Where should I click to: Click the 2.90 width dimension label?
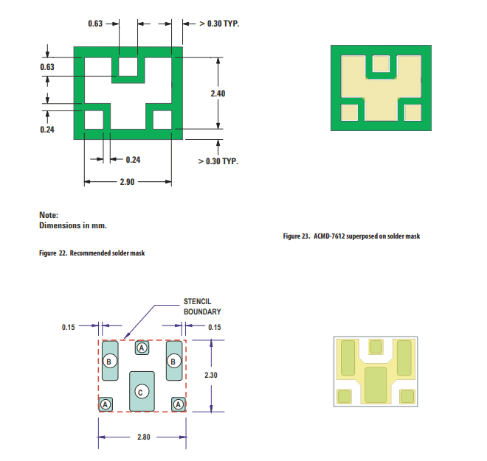[127, 182]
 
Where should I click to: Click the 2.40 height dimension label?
[218, 94]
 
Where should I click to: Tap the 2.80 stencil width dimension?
[143, 437]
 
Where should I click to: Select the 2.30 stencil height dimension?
[210, 375]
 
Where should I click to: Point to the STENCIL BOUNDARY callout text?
[202, 306]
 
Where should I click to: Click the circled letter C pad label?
[142, 392]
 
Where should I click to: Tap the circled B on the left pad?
[110, 361]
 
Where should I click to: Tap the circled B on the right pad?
[174, 361]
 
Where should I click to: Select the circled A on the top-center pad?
[142, 348]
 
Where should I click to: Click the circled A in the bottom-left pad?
[106, 404]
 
